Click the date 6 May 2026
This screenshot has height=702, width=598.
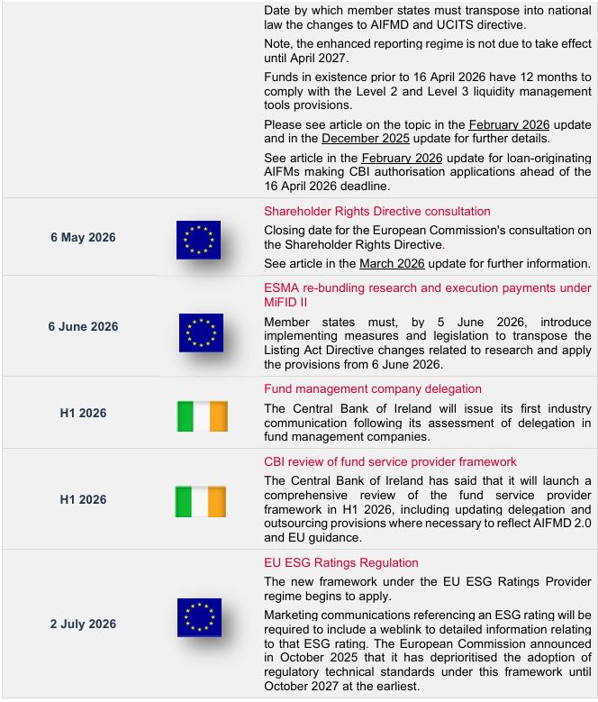click(x=83, y=238)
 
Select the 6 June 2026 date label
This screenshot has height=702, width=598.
click(x=83, y=326)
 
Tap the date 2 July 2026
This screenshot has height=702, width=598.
click(x=83, y=624)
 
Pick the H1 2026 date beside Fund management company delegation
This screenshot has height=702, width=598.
click(x=83, y=413)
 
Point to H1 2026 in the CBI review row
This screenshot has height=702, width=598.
click(x=83, y=499)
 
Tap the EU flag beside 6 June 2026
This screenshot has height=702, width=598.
click(x=201, y=332)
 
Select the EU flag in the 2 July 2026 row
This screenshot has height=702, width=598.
click(x=199, y=617)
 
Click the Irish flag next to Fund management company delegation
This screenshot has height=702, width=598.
click(x=202, y=416)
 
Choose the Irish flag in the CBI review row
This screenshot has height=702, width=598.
click(x=200, y=502)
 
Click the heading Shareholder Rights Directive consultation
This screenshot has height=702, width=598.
click(x=376, y=212)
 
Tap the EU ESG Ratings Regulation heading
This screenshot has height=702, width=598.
click(x=340, y=563)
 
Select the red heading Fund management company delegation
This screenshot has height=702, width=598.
click(x=372, y=389)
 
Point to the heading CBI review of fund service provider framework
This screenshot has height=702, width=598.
click(x=390, y=462)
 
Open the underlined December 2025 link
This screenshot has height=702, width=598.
click(x=366, y=139)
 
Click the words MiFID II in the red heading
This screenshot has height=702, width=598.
click(x=285, y=303)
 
